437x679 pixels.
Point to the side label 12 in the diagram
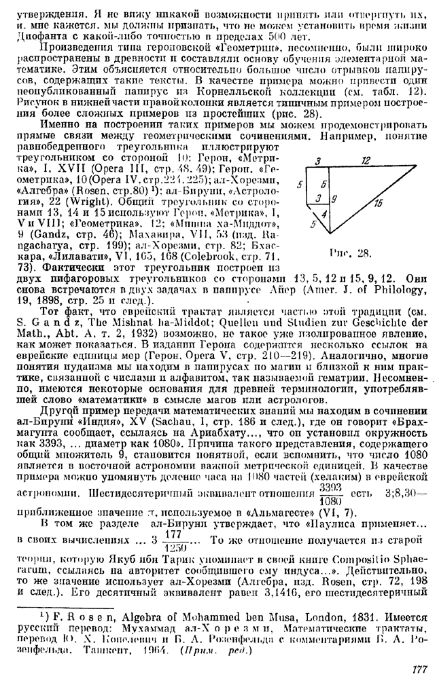366,161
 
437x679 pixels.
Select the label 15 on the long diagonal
377,202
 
